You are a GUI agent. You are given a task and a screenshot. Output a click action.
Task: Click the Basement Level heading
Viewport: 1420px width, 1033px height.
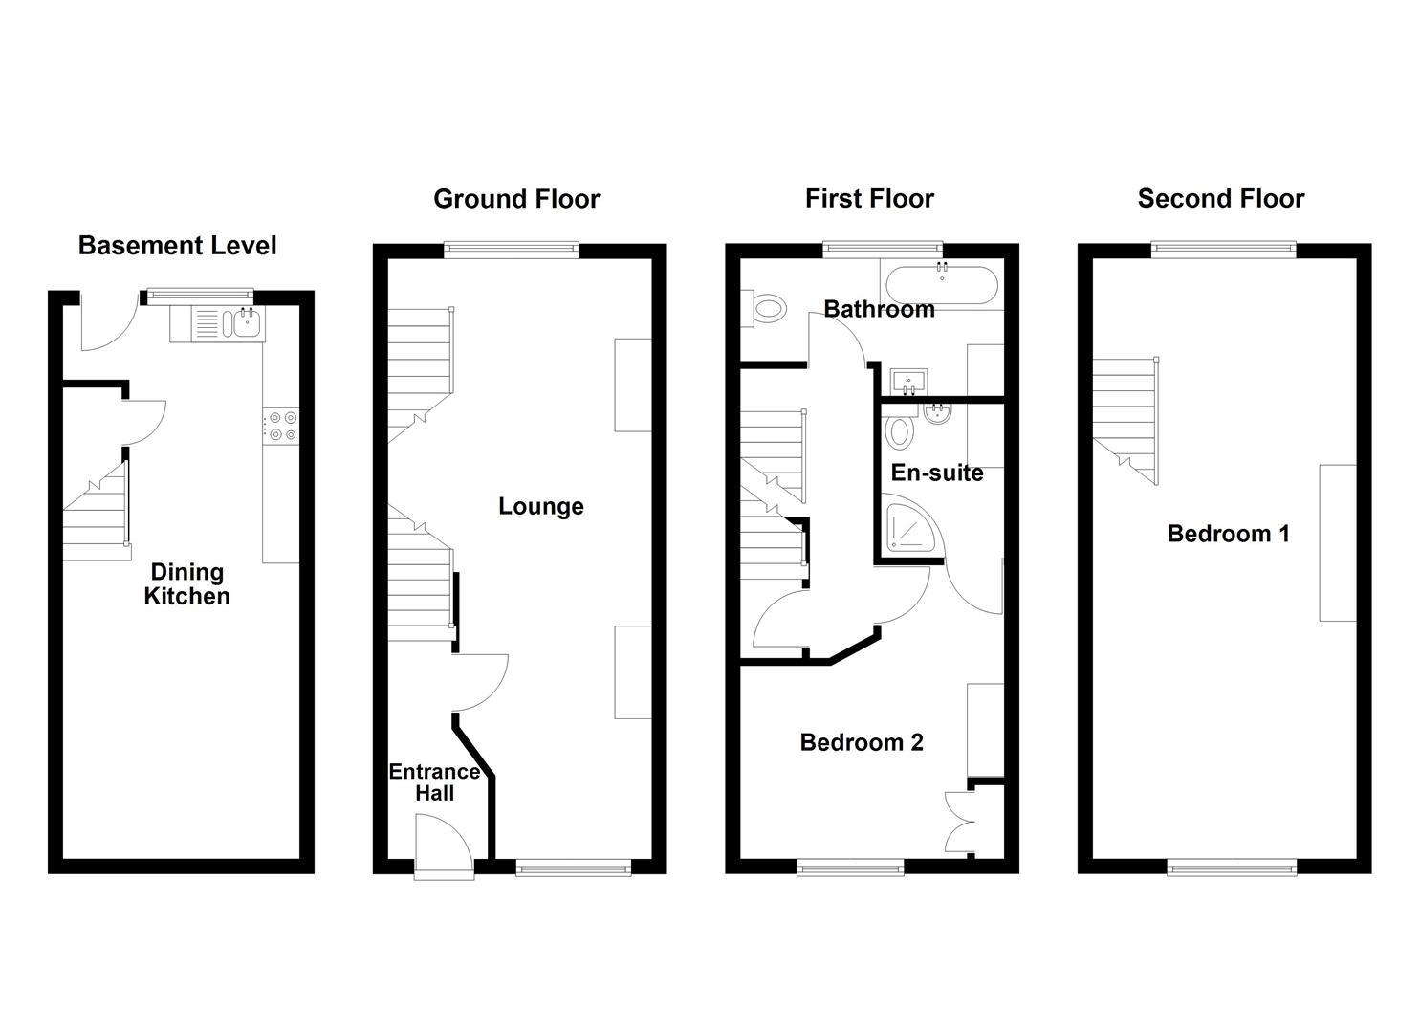pyautogui.click(x=177, y=246)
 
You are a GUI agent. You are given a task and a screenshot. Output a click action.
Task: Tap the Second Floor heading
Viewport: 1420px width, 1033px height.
pyautogui.click(x=1220, y=199)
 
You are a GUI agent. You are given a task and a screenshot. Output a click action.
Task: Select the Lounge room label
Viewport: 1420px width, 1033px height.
pyautogui.click(x=540, y=507)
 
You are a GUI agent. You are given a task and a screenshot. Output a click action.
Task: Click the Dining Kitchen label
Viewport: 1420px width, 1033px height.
pyautogui.click(x=187, y=584)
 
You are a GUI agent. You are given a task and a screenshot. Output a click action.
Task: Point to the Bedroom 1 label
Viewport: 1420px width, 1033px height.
pyautogui.click(x=1228, y=534)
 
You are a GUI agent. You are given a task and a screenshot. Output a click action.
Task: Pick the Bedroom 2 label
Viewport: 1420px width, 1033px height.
pyautogui.click(x=862, y=742)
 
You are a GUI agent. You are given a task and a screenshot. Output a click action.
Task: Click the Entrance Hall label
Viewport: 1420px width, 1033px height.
pyautogui.click(x=434, y=782)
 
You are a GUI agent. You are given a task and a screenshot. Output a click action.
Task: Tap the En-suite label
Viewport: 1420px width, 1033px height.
pyautogui.click(x=936, y=473)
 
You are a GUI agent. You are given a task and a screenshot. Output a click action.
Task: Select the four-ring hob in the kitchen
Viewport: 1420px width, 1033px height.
pyautogui.click(x=281, y=426)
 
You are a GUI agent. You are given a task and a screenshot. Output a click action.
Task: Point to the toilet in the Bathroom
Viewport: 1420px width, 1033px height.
pyautogui.click(x=766, y=308)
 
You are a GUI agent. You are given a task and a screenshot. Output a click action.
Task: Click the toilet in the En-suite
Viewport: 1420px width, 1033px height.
pyautogui.click(x=899, y=430)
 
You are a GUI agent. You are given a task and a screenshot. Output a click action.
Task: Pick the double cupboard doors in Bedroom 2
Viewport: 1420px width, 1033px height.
pyautogui.click(x=959, y=822)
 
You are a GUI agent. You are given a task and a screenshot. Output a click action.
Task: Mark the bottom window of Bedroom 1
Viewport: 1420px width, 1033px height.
pyautogui.click(x=1232, y=868)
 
